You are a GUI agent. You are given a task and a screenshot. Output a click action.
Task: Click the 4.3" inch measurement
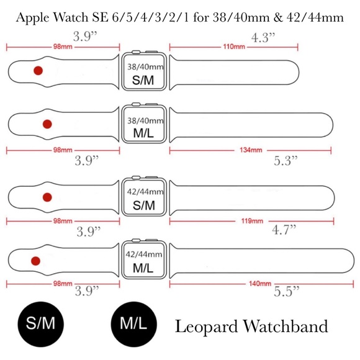pos(263,37)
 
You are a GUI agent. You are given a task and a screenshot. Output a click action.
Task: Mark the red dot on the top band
pos(38,71)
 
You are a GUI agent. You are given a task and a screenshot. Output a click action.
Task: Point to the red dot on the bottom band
pos(35,261)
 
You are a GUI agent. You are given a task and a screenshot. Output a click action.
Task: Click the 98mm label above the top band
pos(61,47)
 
